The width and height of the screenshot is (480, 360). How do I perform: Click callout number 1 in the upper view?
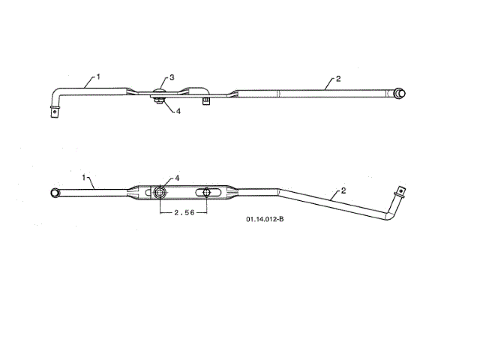(x=97, y=76)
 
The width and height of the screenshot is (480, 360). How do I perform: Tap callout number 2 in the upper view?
(x=338, y=79)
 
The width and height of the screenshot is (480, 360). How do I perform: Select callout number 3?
(x=172, y=77)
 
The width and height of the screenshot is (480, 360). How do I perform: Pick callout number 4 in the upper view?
(x=178, y=111)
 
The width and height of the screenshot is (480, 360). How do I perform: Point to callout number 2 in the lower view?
(x=343, y=191)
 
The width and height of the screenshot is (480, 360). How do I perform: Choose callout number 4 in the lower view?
(x=177, y=178)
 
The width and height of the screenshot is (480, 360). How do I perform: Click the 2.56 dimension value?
(x=184, y=213)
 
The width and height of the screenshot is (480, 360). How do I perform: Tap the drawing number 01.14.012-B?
(x=265, y=220)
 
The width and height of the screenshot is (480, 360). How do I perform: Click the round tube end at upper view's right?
(x=402, y=93)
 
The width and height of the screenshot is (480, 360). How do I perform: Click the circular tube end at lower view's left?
(x=55, y=193)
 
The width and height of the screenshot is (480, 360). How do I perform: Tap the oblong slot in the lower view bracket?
(x=204, y=193)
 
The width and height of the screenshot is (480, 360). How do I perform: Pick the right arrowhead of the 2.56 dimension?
(x=205, y=213)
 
